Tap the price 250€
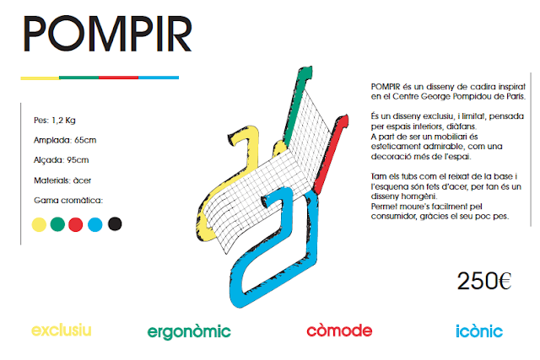484,281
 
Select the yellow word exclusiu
61,330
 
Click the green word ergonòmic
188,331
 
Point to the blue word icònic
478,330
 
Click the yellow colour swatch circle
38,224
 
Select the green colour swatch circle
57,224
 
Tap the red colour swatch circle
76,224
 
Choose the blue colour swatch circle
95,224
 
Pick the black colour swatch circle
115,224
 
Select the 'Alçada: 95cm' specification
62,159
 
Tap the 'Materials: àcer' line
62,180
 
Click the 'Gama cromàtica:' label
68,200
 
